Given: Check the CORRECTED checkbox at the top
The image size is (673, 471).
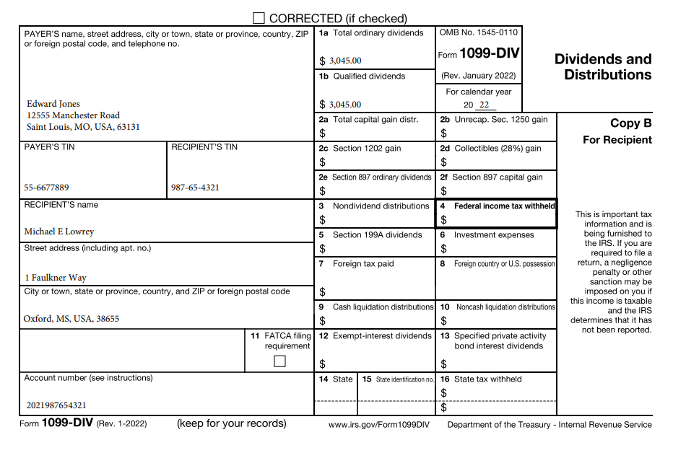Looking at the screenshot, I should tap(259, 18).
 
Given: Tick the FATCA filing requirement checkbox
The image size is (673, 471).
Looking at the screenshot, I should tap(279, 361).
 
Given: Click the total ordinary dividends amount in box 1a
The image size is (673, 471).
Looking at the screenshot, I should tap(345, 61).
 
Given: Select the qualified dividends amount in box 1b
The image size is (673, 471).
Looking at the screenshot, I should tap(345, 105).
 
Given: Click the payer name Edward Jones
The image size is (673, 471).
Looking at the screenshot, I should tap(53, 104).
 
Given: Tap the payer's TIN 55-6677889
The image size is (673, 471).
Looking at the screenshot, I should tap(46, 188).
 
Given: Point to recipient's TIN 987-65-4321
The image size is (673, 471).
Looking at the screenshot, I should tap(195, 188).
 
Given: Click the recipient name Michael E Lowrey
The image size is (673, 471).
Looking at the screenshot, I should tap(59, 232).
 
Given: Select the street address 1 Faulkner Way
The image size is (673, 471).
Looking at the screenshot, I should tap(55, 278).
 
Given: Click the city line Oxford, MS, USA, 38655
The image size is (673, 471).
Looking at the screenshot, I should tap(71, 318).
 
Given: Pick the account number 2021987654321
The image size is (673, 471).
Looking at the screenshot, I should tap(56, 405).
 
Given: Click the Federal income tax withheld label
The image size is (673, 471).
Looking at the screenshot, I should tap(504, 206).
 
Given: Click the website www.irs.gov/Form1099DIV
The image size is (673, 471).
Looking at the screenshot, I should tap(378, 425).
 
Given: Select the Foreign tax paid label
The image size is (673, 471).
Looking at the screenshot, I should tap(363, 264).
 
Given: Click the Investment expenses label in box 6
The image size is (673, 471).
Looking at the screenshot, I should tap(494, 235).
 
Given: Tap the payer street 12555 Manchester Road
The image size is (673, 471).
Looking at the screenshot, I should tap(73, 115).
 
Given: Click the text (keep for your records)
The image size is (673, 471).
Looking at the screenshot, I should tap(231, 423).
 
